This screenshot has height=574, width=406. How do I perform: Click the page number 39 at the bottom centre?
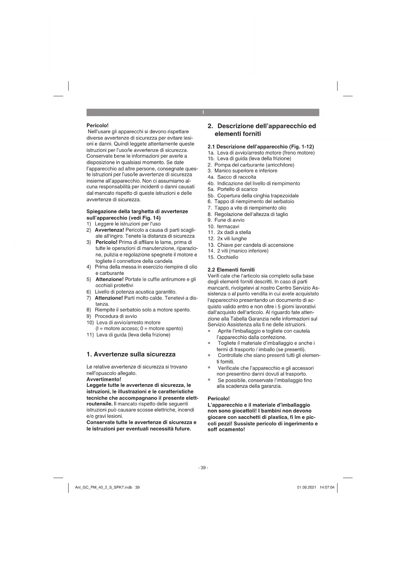click(203, 468)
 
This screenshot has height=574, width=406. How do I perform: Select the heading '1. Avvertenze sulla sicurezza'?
click(131, 354)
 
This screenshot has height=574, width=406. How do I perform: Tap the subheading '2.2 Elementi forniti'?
click(231, 270)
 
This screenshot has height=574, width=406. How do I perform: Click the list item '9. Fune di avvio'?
click(226, 220)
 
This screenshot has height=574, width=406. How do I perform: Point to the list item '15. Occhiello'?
click(223, 257)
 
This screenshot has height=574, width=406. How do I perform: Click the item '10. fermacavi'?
click(223, 226)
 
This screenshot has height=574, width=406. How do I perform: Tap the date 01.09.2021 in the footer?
click(307, 487)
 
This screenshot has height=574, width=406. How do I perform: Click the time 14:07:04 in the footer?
click(327, 487)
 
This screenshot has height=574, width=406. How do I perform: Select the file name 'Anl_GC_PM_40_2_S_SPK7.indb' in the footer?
click(103, 487)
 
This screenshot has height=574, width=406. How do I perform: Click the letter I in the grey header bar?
click(203, 113)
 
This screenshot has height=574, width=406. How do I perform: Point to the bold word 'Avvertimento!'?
click(104, 379)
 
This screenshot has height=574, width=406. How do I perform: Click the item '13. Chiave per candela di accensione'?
click(251, 245)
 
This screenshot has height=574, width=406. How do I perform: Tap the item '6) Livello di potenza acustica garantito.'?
click(132, 292)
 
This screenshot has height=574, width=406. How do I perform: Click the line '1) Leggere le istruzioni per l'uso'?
click(123, 224)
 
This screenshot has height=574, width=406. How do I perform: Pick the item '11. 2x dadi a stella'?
click(229, 232)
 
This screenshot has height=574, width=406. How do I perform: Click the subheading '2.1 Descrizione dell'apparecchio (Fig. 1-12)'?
click(261, 147)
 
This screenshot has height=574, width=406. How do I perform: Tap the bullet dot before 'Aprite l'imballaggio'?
click(209, 331)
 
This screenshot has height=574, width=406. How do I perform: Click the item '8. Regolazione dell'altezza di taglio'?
click(248, 214)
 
